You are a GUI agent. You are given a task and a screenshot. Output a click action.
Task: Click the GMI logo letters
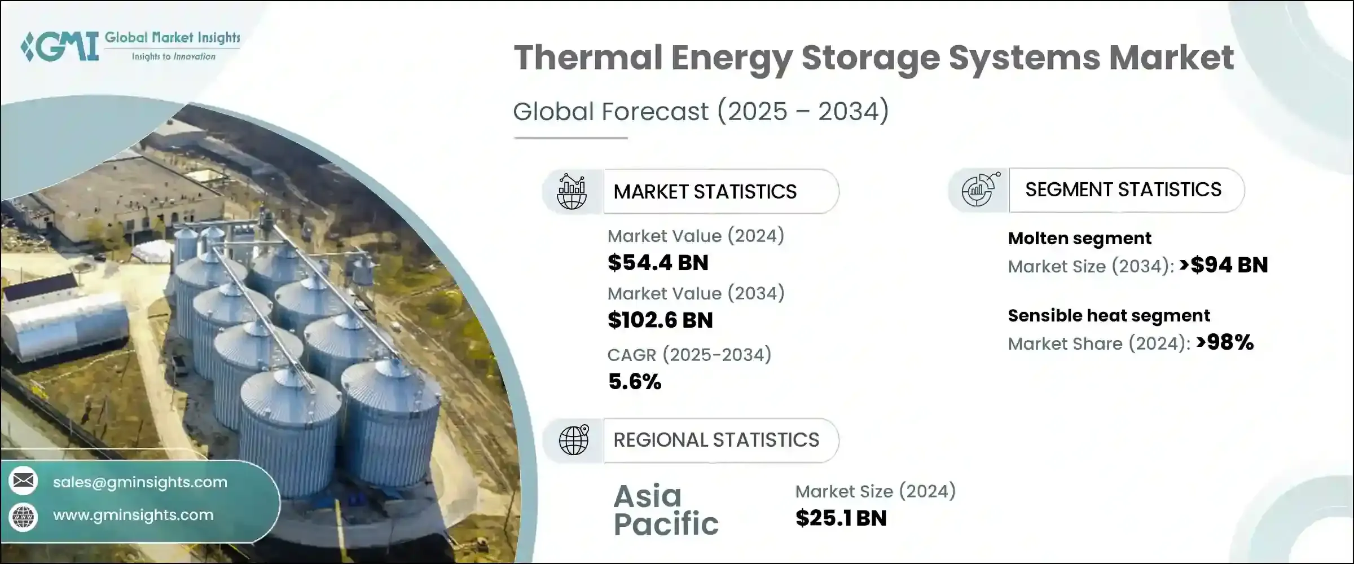pyautogui.click(x=60, y=46)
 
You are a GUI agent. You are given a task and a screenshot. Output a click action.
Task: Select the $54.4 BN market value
pyautogui.click(x=658, y=263)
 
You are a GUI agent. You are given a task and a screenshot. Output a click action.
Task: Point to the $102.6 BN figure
pyautogui.click(x=660, y=320)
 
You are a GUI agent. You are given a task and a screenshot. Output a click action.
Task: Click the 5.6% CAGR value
pyautogui.click(x=635, y=382)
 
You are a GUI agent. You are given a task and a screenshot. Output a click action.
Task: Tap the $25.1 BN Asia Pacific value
pyautogui.click(x=841, y=518)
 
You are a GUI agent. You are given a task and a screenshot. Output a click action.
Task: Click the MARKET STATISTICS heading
pyautogui.click(x=705, y=192)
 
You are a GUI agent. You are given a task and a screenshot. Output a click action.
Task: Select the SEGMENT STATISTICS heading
pyautogui.click(x=1123, y=190)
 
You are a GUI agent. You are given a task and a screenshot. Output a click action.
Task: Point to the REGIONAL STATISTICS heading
pyautogui.click(x=716, y=440)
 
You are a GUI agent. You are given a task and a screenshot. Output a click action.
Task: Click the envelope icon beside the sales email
pyautogui.click(x=23, y=481)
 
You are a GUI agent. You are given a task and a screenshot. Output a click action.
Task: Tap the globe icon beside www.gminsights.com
pyautogui.click(x=23, y=517)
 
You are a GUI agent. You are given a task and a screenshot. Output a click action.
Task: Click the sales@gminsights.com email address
pyautogui.click(x=140, y=482)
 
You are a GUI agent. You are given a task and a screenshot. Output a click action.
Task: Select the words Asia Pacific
pyautogui.click(x=666, y=510)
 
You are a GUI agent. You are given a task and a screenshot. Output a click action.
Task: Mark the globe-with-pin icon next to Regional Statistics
pyautogui.click(x=573, y=440)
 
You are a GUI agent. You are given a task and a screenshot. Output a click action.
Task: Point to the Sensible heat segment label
pyautogui.click(x=1109, y=316)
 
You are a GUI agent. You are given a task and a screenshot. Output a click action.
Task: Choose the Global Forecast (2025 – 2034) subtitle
pyautogui.click(x=701, y=111)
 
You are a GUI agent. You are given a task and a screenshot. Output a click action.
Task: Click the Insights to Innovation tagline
pyautogui.click(x=174, y=57)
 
